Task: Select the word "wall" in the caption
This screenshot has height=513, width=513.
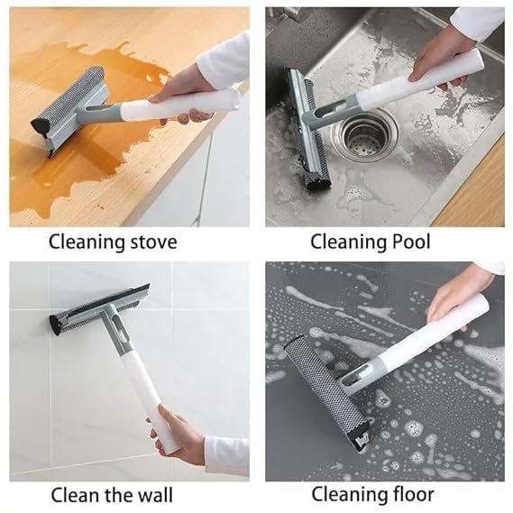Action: pyautogui.click(x=151, y=495)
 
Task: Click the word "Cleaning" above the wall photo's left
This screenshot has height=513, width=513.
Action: pyautogui.click(x=85, y=242)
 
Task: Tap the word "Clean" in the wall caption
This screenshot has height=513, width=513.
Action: pyautogui.click(x=75, y=495)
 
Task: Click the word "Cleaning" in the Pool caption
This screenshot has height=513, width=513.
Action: pyautogui.click(x=343, y=242)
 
